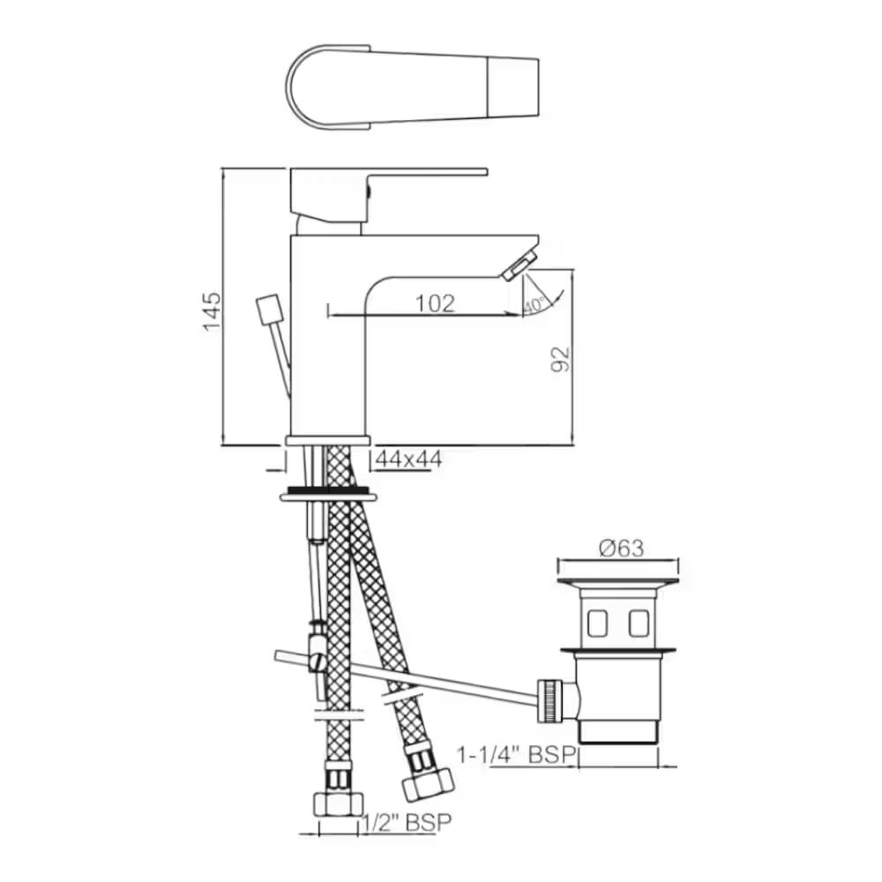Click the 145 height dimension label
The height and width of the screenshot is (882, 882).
[213, 310]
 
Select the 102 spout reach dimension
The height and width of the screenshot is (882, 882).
[435, 303]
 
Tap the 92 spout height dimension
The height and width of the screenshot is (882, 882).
[562, 358]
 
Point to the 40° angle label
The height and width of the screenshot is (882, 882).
[534, 305]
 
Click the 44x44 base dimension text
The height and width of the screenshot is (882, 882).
[408, 459]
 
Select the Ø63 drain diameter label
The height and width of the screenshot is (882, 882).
[621, 548]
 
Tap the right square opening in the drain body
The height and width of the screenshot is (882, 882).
[639, 624]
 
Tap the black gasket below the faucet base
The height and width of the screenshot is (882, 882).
[328, 489]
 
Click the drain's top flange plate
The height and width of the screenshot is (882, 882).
[617, 582]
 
